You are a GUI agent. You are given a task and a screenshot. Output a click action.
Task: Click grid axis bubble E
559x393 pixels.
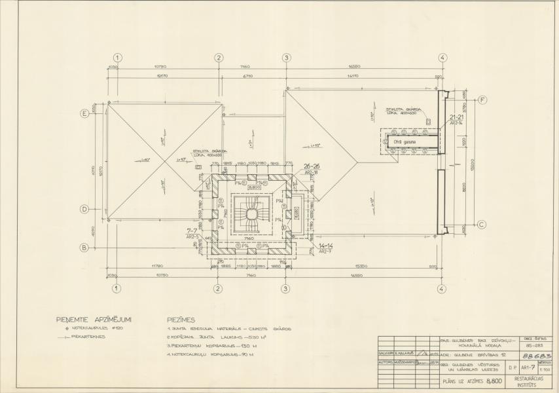[84, 113]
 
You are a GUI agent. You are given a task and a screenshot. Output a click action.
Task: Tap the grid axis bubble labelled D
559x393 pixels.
[84, 210]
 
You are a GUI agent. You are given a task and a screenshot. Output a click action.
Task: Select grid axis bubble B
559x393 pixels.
[84, 248]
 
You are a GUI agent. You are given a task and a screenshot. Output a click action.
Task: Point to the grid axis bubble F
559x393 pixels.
[482, 100]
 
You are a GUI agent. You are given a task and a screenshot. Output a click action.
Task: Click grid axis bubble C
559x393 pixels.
[482, 225]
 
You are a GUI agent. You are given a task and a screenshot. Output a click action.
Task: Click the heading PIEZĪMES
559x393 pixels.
[181, 320]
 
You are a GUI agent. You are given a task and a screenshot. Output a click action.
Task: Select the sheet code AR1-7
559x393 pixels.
[524, 368]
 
